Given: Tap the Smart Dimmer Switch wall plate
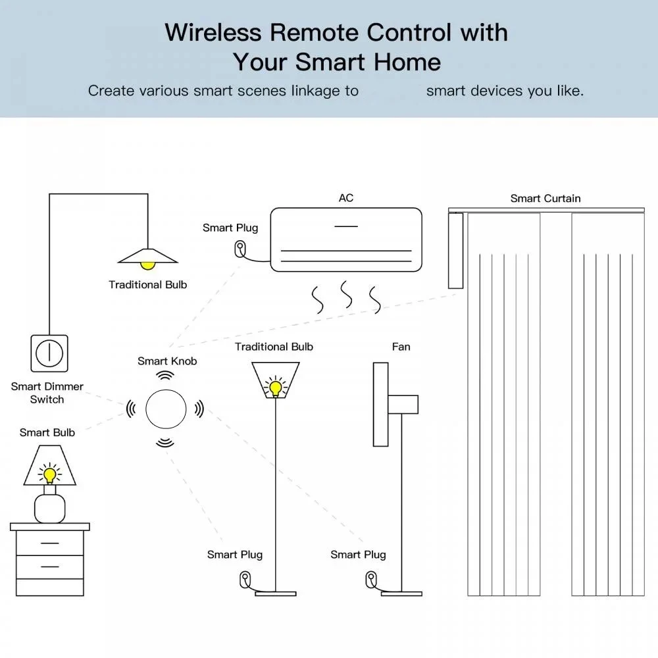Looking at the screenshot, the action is (x=49, y=353).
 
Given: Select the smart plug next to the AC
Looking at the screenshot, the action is (x=240, y=249).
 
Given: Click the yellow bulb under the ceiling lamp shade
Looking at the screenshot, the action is (x=147, y=265).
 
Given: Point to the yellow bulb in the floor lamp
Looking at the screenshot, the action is (x=275, y=388).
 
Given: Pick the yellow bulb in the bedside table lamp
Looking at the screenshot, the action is (x=50, y=474).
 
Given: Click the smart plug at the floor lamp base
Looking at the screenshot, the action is (x=245, y=580).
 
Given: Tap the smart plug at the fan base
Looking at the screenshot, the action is (x=371, y=580).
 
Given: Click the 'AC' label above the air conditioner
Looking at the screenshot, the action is (x=346, y=198).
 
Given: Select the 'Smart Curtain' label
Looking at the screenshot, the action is (x=545, y=199).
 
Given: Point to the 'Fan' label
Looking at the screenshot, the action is (x=401, y=347).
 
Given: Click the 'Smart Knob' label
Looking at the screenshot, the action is (x=167, y=361).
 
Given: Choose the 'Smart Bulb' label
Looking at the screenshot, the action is (x=47, y=432).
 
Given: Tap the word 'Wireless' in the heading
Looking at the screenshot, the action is (x=213, y=32).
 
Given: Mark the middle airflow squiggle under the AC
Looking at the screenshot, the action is (x=346, y=294).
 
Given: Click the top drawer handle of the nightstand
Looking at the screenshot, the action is (x=50, y=543).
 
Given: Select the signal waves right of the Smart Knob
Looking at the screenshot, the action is (x=199, y=409).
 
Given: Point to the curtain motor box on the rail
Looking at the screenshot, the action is (x=455, y=251).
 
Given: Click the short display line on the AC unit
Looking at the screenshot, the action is (x=346, y=226).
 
